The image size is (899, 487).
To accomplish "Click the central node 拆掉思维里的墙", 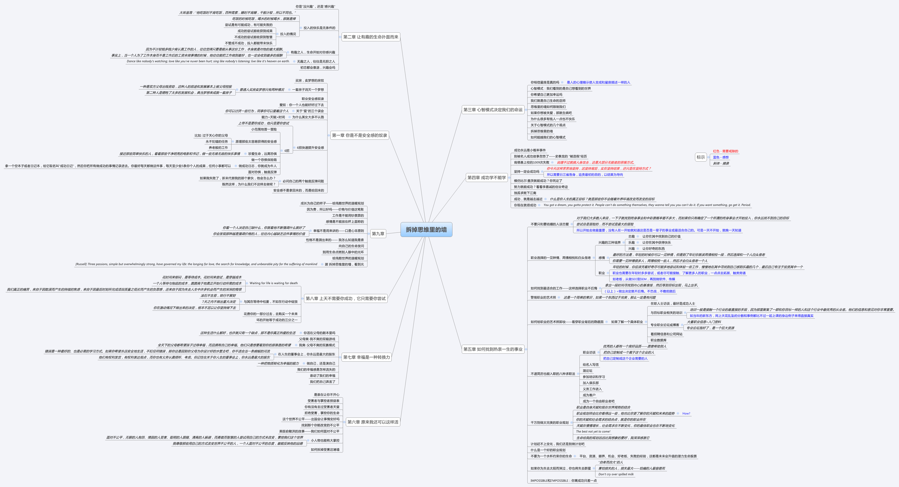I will [426, 230].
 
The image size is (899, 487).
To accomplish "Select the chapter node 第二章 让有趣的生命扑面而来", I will [371, 37].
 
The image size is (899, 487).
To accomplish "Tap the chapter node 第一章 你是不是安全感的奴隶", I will [359, 135].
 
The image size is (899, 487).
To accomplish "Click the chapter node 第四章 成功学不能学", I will [486, 178].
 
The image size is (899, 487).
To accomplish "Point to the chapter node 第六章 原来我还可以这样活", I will [373, 422].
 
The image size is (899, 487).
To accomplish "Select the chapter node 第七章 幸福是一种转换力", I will [367, 357].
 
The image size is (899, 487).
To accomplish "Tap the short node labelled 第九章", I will [378, 234].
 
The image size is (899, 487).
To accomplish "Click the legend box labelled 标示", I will [701, 157].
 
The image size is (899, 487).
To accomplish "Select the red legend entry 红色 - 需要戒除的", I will [725, 151].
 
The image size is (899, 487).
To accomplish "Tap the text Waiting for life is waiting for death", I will [274, 283].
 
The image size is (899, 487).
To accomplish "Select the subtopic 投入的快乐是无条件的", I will [319, 28].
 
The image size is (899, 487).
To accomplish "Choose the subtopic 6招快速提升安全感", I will [310, 148].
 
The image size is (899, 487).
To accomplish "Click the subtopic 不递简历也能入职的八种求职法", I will [553, 374].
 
